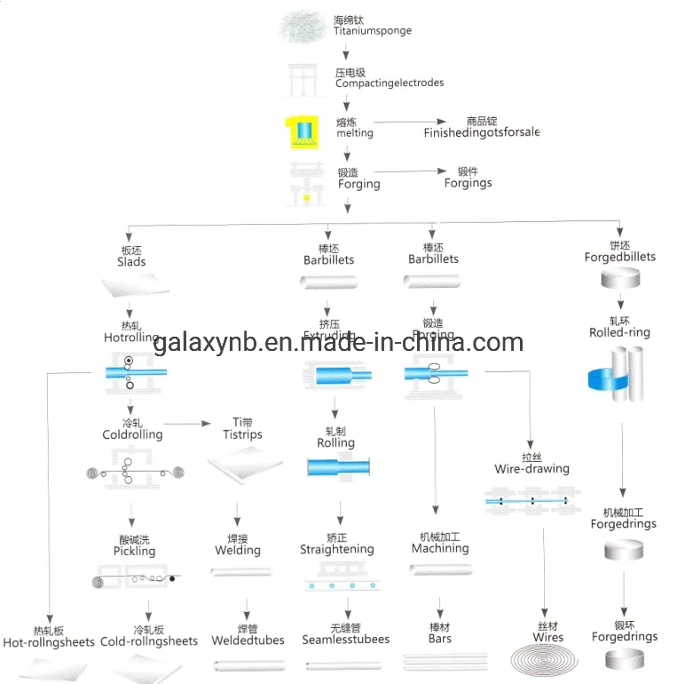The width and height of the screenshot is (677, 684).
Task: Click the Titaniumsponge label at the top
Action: coord(372,31)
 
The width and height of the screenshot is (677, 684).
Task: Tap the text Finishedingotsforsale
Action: coord(481,132)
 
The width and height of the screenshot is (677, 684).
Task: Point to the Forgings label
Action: coord(468,183)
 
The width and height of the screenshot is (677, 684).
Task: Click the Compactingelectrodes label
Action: coord(389,83)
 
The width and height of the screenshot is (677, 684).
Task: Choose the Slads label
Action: coord(131,261)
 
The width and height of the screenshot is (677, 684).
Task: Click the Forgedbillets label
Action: coord(619,257)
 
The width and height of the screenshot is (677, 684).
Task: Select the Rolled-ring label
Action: coord(619,332)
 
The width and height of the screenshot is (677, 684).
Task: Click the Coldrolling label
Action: coord(132,434)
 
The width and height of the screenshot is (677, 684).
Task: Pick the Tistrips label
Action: coord(242,434)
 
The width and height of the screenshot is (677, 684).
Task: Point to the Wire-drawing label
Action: coord(531,468)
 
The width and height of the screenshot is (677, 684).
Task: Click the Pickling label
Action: coord(134,551)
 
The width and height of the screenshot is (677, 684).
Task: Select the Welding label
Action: coord(237,550)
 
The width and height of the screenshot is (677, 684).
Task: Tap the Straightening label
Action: coord(336,550)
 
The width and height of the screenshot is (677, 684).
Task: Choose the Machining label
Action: coord(439,549)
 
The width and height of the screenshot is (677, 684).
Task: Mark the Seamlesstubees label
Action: coord(345,639)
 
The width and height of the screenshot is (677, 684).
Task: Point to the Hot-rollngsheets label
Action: coord(49,641)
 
